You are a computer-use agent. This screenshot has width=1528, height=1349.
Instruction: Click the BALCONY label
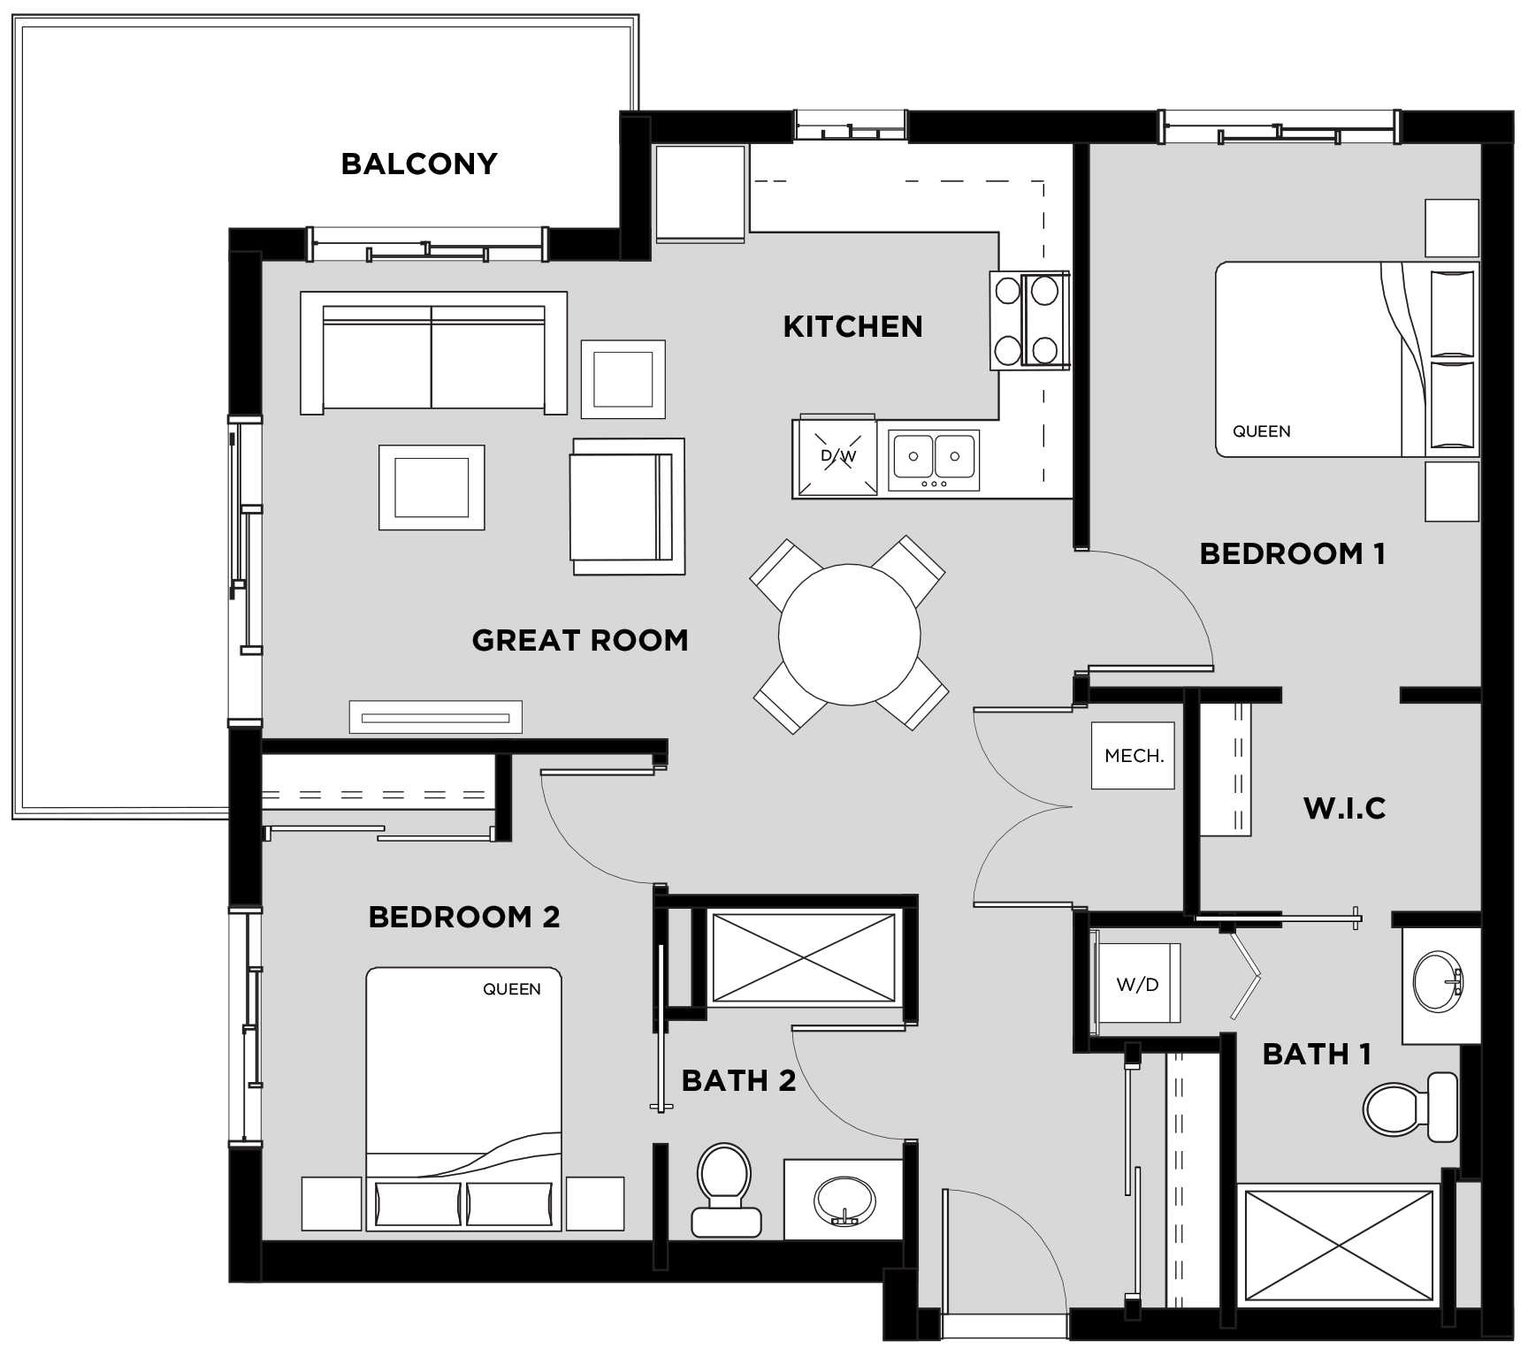click(419, 164)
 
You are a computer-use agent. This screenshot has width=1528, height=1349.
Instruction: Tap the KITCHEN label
click(852, 327)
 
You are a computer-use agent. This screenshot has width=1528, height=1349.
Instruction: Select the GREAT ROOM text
click(580, 640)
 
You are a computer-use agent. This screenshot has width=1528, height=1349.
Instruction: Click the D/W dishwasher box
click(837, 456)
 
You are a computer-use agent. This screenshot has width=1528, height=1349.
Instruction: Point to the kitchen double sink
click(934, 461)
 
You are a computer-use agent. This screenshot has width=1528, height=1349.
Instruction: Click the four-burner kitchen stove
click(1029, 319)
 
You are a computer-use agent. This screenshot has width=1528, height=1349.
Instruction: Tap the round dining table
click(849, 635)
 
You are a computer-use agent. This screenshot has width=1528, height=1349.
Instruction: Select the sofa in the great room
click(433, 353)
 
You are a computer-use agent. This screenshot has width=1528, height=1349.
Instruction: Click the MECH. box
click(1133, 756)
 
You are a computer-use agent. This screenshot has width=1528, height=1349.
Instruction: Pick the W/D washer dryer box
click(1137, 984)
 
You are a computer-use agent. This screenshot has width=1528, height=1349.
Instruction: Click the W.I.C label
click(1344, 808)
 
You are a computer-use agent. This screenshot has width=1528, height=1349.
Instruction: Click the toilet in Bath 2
click(725, 1190)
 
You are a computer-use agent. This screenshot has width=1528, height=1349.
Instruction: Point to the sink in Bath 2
click(844, 1200)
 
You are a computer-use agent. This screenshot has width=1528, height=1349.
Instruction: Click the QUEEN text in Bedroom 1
click(1262, 431)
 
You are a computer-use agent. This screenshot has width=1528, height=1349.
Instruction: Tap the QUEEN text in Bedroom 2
click(512, 989)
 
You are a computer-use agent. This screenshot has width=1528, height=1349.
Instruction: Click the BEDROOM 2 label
click(464, 917)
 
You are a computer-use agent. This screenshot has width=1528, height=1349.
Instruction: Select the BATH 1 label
click(1317, 1054)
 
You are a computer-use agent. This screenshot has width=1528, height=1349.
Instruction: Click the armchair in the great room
click(628, 507)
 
